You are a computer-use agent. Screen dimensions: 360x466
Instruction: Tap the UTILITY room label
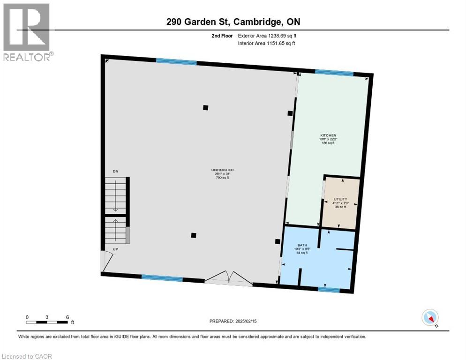[x=340, y=199]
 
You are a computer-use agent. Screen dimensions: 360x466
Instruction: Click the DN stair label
[x=115, y=172]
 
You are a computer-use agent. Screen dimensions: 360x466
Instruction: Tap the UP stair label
[x=115, y=249]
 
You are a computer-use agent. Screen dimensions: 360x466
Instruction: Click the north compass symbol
[x=430, y=318]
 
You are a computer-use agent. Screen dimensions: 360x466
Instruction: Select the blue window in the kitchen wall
[x=334, y=72]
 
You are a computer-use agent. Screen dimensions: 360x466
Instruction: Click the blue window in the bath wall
[x=329, y=289]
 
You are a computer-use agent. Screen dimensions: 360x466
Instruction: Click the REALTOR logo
[x=27, y=32]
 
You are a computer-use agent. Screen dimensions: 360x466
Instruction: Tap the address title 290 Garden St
[x=233, y=22]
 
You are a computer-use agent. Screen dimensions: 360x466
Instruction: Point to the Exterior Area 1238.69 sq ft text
[x=266, y=36]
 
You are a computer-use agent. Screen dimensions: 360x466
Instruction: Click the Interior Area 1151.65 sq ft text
[x=266, y=44]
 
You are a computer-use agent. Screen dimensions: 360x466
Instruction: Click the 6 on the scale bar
[x=68, y=317]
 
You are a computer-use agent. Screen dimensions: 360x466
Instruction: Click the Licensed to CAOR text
[x=27, y=356]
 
